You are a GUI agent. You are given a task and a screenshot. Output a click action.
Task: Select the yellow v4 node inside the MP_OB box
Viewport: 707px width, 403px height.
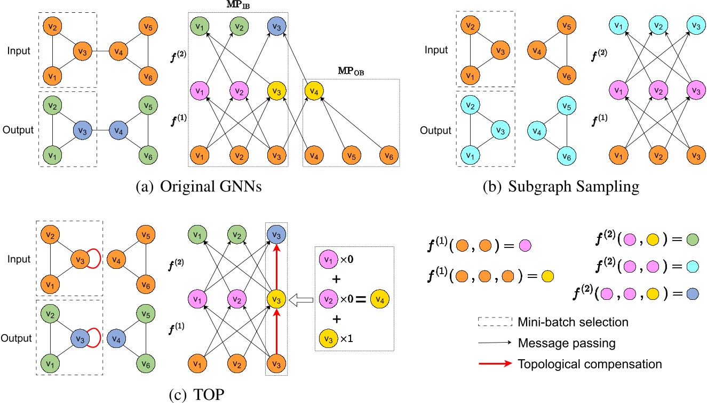[314, 91]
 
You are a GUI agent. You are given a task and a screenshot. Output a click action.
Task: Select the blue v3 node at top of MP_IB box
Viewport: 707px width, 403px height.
[275, 25]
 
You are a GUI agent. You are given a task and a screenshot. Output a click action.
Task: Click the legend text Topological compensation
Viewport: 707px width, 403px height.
[589, 364]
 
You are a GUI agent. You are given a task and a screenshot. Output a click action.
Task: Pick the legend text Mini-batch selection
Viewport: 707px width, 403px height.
[573, 322]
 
